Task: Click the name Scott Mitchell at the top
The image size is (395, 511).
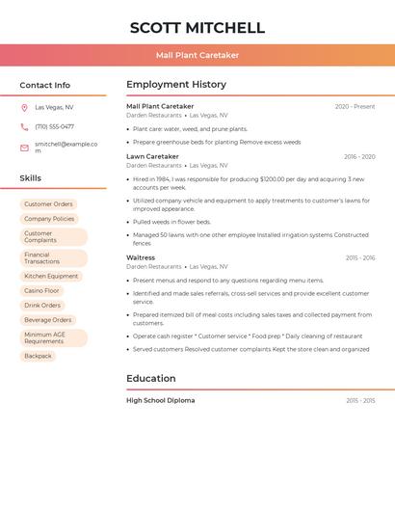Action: [197, 28]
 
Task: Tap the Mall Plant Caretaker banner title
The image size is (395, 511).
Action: [197, 55]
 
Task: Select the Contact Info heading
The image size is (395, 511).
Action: [45, 85]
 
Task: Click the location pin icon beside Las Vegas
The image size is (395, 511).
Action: [24, 107]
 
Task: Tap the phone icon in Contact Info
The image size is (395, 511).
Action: [24, 126]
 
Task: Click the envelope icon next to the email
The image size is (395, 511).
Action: [24, 148]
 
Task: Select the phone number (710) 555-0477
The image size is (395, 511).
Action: [54, 126]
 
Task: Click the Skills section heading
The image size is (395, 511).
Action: [31, 178]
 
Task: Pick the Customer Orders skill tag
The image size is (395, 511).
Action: [48, 204]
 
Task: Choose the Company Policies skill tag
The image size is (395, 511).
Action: [49, 219]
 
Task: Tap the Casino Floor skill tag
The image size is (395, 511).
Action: [41, 290]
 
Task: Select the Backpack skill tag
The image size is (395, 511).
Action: [38, 356]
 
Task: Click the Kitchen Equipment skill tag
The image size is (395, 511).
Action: [51, 276]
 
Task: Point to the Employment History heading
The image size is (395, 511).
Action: [176, 85]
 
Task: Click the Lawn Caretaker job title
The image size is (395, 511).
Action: [152, 156]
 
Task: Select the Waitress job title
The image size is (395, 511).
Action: [141, 257]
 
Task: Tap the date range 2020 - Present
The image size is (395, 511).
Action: [355, 106]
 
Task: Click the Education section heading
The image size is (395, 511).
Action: [151, 378]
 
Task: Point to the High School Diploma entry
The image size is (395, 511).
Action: [160, 400]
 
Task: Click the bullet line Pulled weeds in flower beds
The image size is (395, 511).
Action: [171, 222]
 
